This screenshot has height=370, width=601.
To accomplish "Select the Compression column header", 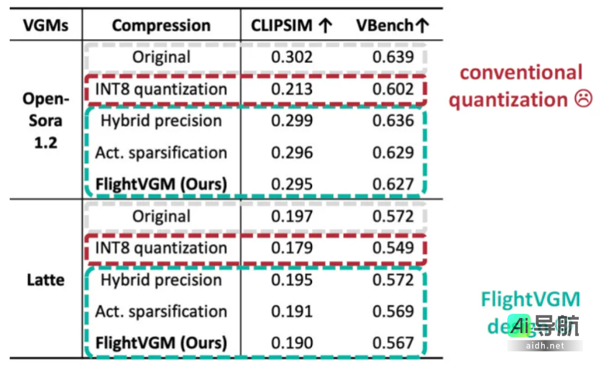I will (x=161, y=25).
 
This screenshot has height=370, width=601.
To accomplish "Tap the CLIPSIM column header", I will (x=291, y=25).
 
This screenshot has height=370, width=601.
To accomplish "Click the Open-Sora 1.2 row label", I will (x=46, y=120).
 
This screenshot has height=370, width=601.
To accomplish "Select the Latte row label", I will (x=46, y=280).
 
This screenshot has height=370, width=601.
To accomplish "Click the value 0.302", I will (x=291, y=57).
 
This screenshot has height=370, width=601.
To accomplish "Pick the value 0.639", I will (x=393, y=57).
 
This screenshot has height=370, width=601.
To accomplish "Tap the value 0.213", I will (x=291, y=89).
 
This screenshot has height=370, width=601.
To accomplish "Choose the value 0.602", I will (x=393, y=89).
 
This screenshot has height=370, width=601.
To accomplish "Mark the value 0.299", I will (x=291, y=121).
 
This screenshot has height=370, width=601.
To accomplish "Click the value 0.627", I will (x=393, y=184).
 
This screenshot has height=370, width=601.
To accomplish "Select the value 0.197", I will (x=291, y=216).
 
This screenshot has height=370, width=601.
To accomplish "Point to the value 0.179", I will (x=291, y=248).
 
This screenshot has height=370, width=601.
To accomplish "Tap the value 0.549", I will (x=393, y=248).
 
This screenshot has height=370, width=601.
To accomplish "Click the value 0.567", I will (x=393, y=343).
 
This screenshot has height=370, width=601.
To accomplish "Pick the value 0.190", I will (x=291, y=343).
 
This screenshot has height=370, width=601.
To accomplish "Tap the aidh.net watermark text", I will (x=544, y=346).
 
